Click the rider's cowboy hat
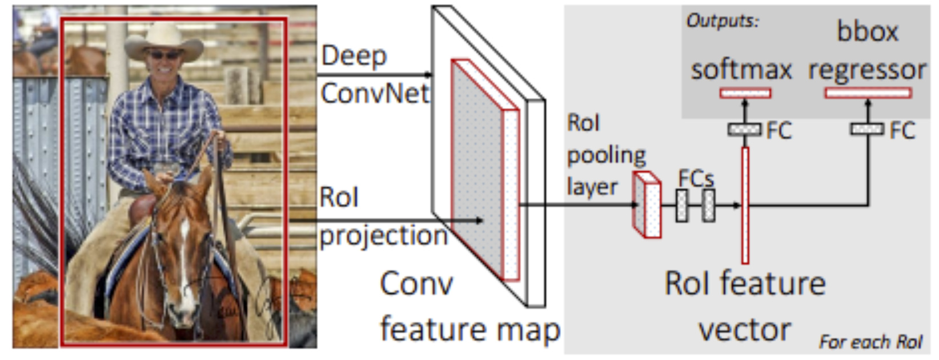click(x=163, y=42)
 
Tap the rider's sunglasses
click(x=164, y=54)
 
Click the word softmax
click(x=741, y=70)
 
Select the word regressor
click(x=867, y=71)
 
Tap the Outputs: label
click(x=723, y=21)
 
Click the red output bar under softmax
click(x=745, y=93)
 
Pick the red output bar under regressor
click(x=868, y=93)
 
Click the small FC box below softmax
click(x=745, y=129)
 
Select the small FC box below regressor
click(x=867, y=129)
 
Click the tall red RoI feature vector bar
click(x=745, y=206)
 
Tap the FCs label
click(x=696, y=179)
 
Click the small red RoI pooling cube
click(x=647, y=205)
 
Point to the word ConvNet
click(x=375, y=93)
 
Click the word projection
click(x=384, y=237)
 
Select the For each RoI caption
click(x=871, y=342)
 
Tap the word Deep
click(x=354, y=57)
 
